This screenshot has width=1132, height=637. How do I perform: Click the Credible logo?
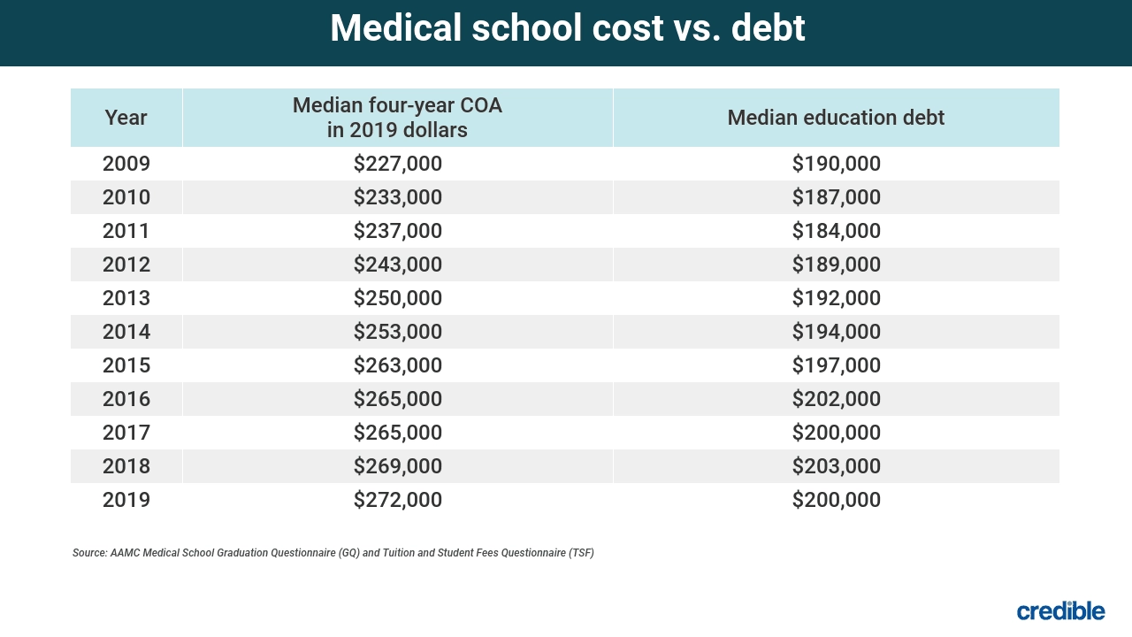pos(1060,610)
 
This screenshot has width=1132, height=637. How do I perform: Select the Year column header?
pos(126,117)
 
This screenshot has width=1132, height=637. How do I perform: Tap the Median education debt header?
pos(836,117)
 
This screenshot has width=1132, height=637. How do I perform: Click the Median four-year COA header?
pos(397,118)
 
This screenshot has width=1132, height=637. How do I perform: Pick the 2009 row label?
pos(126,164)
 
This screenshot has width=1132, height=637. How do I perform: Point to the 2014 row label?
pos(126,332)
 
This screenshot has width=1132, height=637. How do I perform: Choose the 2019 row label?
pos(126,500)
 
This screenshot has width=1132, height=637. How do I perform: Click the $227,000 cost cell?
pos(397,164)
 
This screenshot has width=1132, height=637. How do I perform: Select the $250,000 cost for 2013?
pos(397,298)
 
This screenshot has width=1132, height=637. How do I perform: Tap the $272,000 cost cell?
pos(397,500)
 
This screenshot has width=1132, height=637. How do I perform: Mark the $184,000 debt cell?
pos(836,231)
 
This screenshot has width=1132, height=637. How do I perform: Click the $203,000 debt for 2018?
pos(836,466)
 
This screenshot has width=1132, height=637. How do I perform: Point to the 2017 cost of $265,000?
pos(397,433)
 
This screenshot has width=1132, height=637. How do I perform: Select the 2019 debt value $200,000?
pos(836,500)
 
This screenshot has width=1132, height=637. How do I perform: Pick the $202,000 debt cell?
pos(836,399)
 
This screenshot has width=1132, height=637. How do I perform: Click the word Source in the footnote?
pos(89,553)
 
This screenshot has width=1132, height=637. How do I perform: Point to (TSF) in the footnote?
pos(579,553)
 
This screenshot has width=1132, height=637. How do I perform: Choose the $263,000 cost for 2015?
pos(397,365)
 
